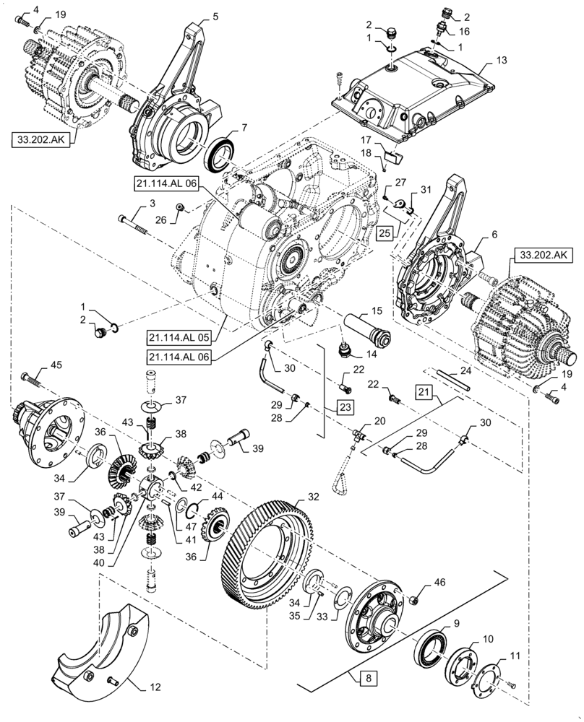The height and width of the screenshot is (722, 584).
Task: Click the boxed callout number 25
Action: [385, 234]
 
